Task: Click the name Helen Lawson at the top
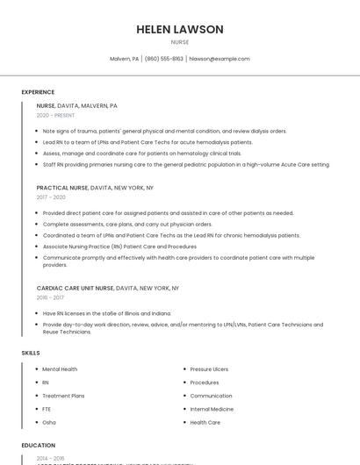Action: pyautogui.click(x=180, y=29)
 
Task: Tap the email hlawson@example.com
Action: pyautogui.click(x=220, y=59)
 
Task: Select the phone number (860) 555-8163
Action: pyautogui.click(x=164, y=59)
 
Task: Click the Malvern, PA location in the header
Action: pyautogui.click(x=124, y=59)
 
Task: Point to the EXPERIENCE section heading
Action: pyautogui.click(x=38, y=92)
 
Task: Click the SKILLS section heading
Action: pyautogui.click(x=31, y=353)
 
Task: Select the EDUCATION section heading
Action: pyautogui.click(x=39, y=446)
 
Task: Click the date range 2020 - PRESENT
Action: pyautogui.click(x=55, y=115)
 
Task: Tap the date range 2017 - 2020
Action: pyautogui.click(x=51, y=197)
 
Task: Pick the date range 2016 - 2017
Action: pyautogui.click(x=51, y=297)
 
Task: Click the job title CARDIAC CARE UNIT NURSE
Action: pyautogui.click(x=75, y=288)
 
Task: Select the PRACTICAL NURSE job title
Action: pyautogui.click(x=61, y=188)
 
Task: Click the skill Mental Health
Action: pyautogui.click(x=60, y=369)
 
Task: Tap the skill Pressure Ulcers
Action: pyautogui.click(x=209, y=369)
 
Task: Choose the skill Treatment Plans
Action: pyautogui.click(x=63, y=396)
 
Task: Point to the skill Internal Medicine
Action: pyautogui.click(x=212, y=409)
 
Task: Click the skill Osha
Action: pyautogui.click(x=49, y=422)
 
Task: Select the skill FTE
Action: pyautogui.click(x=47, y=409)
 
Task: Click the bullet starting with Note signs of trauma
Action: pyautogui.click(x=164, y=132)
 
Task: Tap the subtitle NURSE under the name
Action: pyautogui.click(x=180, y=42)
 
